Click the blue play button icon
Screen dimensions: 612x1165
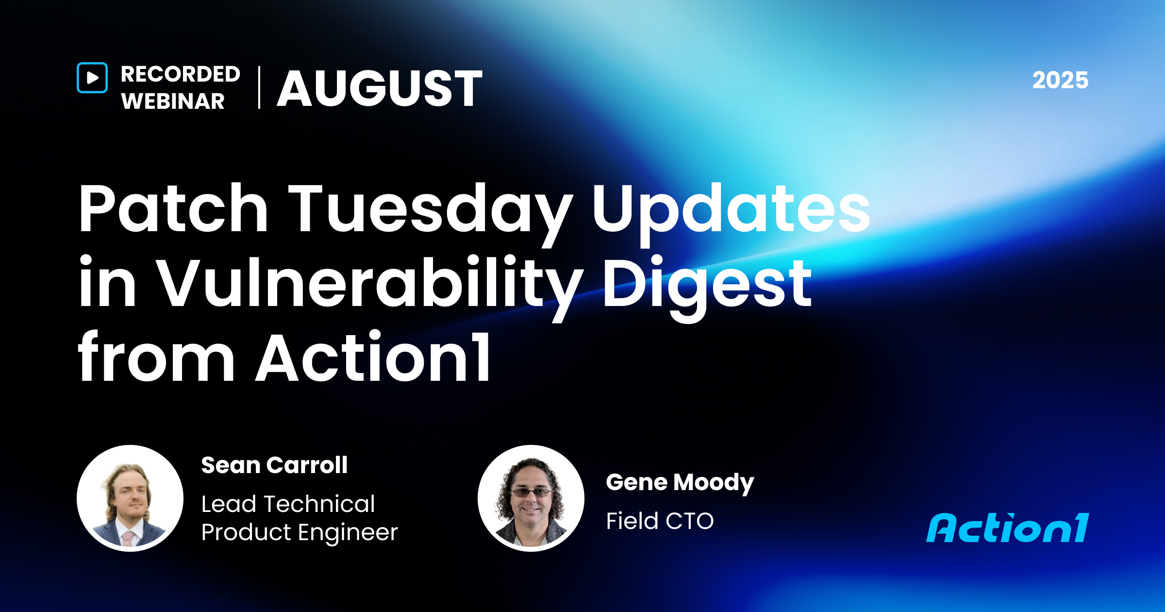92,78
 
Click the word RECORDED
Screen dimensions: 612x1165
181,74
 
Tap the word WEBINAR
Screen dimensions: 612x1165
173,102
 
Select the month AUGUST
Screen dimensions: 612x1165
380,88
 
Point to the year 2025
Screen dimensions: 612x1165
1060,80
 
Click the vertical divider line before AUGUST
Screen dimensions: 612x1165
259,87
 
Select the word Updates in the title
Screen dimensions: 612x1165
731,210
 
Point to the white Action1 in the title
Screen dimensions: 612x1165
374,358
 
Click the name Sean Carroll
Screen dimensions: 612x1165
274,465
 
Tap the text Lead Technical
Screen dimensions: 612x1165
288,504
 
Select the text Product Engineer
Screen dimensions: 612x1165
300,532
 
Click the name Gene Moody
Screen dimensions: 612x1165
680,482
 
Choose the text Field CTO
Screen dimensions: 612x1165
660,521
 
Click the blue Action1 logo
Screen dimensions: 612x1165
1008,528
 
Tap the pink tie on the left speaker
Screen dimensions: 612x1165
128,538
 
